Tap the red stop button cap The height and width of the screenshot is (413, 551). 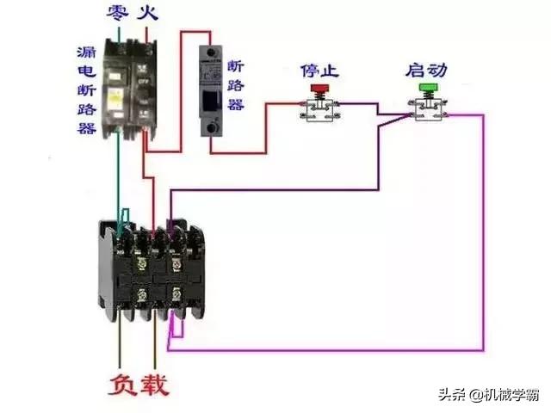pyautogui.click(x=319, y=88)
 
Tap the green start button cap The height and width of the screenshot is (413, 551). pyautogui.click(x=427, y=88)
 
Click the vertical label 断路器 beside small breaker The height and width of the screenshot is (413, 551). pyautogui.click(x=236, y=86)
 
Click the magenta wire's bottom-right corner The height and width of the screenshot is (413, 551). pyautogui.click(x=483, y=348)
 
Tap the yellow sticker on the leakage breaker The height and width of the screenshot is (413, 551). pyautogui.click(x=109, y=97)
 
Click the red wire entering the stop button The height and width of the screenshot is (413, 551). pyautogui.click(x=284, y=105)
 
